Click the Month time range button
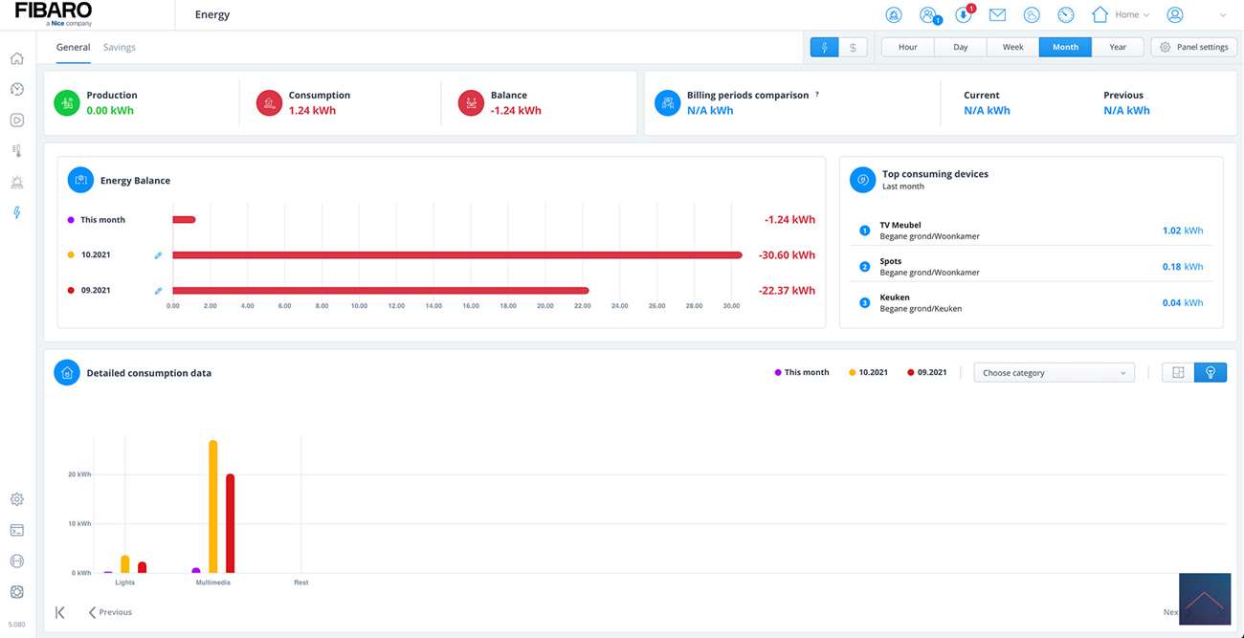pyautogui.click(x=1065, y=47)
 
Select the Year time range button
pyautogui.click(x=1118, y=47)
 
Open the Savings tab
pyautogui.click(x=120, y=47)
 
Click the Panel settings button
pyautogui.click(x=1194, y=47)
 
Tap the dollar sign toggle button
pyautogui.click(x=853, y=47)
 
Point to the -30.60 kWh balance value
pyautogui.click(x=787, y=255)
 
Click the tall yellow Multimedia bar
pyautogui.click(x=213, y=506)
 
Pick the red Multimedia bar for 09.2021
pyautogui.click(x=231, y=522)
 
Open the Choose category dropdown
pyautogui.click(x=1054, y=373)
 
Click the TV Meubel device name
pyautogui.click(x=900, y=226)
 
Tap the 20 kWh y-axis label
pyautogui.click(x=79, y=474)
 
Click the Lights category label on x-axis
pyautogui.click(x=125, y=583)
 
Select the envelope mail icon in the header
pyautogui.click(x=997, y=15)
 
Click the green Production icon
pyautogui.click(x=67, y=102)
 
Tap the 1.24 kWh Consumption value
pyautogui.click(x=312, y=111)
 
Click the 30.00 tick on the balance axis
pyautogui.click(x=731, y=306)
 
